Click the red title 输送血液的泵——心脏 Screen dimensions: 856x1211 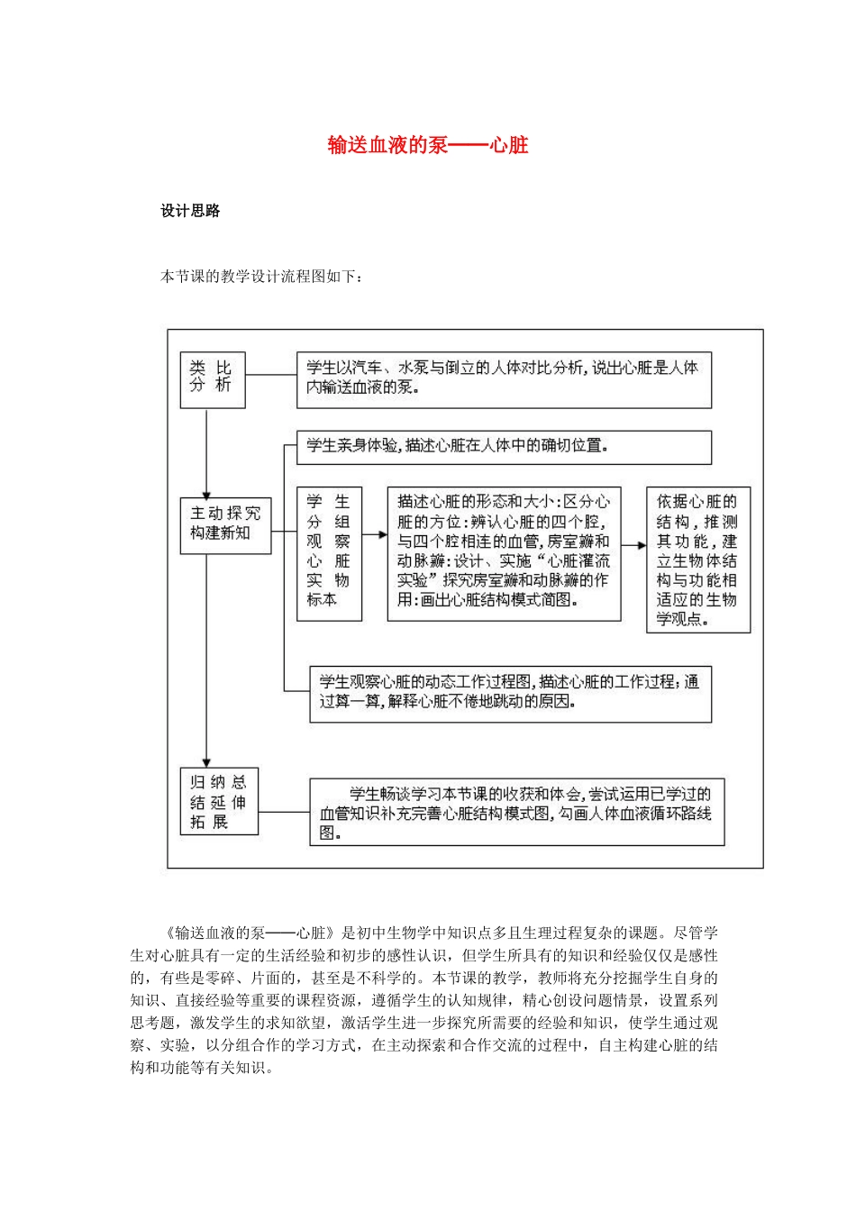coord(427,145)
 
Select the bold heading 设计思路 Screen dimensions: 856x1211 coord(190,211)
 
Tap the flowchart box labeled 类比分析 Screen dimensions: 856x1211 coord(213,379)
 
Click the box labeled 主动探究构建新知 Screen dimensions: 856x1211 coord(225,524)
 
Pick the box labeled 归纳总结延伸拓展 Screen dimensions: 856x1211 coord(219,801)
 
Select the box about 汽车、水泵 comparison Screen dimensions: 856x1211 coord(504,378)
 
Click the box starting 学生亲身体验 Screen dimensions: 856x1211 coord(504,447)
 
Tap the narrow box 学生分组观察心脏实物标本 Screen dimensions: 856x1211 coord(329,553)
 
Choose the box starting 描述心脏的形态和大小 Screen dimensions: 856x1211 coord(504,553)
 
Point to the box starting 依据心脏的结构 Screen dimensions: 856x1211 coord(697,560)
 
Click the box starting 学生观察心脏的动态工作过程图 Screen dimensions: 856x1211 coord(510,693)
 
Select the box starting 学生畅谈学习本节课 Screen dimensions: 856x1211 coord(516,812)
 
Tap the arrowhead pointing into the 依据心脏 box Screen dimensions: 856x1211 coord(642,545)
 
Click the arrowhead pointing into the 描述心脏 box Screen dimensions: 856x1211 coord(383,535)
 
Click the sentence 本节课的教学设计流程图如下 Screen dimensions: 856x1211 coord(261,277)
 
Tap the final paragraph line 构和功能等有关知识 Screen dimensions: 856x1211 coord(202,1068)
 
